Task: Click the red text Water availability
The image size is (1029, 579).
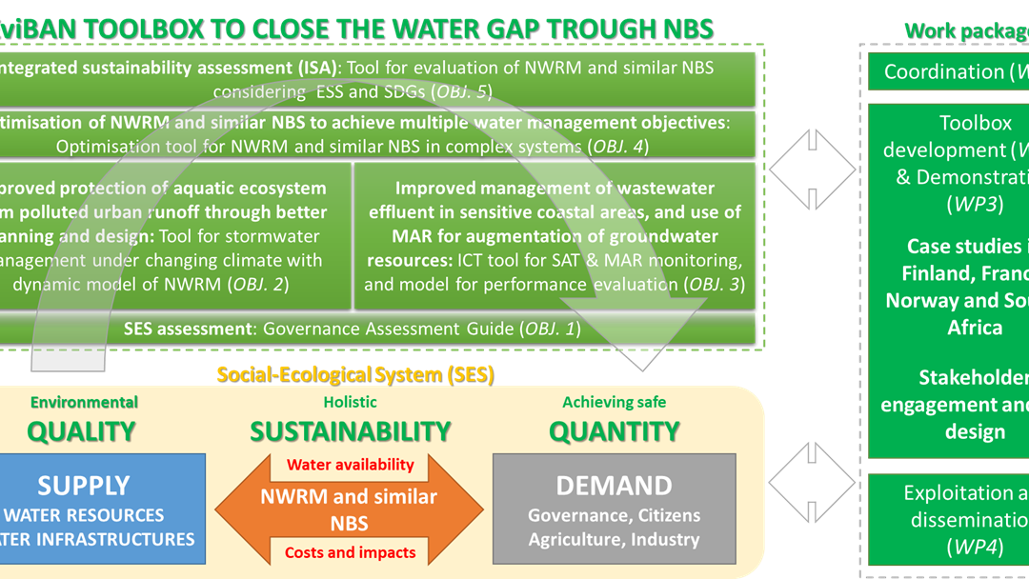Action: pyautogui.click(x=351, y=465)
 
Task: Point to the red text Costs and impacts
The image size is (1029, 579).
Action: pyautogui.click(x=351, y=552)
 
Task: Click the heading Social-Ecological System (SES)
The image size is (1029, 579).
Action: pyautogui.click(x=354, y=374)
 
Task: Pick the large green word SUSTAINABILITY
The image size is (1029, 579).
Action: pyautogui.click(x=350, y=431)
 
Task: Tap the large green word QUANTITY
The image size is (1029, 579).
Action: pyautogui.click(x=614, y=431)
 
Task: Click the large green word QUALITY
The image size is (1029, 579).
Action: pyautogui.click(x=81, y=431)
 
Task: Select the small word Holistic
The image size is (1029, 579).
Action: pyautogui.click(x=350, y=403)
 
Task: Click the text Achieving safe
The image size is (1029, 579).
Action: pyautogui.click(x=614, y=403)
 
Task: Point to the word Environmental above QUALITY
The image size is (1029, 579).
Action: pyautogui.click(x=84, y=403)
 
